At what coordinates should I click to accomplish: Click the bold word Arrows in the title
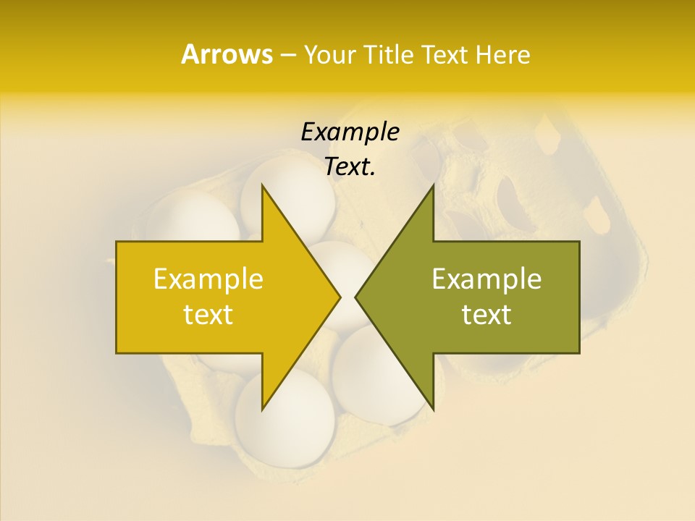click(x=227, y=54)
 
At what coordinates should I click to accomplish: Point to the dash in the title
click(x=287, y=56)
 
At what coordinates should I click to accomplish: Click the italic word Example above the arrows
click(x=350, y=132)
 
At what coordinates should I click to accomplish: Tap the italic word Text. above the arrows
click(x=350, y=167)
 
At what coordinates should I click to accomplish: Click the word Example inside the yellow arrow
click(x=208, y=279)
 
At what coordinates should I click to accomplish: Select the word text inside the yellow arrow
click(x=208, y=315)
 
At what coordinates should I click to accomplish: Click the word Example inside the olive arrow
click(x=486, y=279)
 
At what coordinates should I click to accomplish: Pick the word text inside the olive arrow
click(x=486, y=315)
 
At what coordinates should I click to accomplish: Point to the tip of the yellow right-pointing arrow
click(x=340, y=297)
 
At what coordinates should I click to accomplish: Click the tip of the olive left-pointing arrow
click(x=355, y=297)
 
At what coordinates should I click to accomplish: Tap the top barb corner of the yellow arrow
click(x=262, y=185)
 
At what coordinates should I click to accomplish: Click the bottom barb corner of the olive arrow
click(x=433, y=410)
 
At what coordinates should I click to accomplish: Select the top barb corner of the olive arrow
click(x=433, y=185)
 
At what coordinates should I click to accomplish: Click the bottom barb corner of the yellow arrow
click(x=262, y=410)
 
